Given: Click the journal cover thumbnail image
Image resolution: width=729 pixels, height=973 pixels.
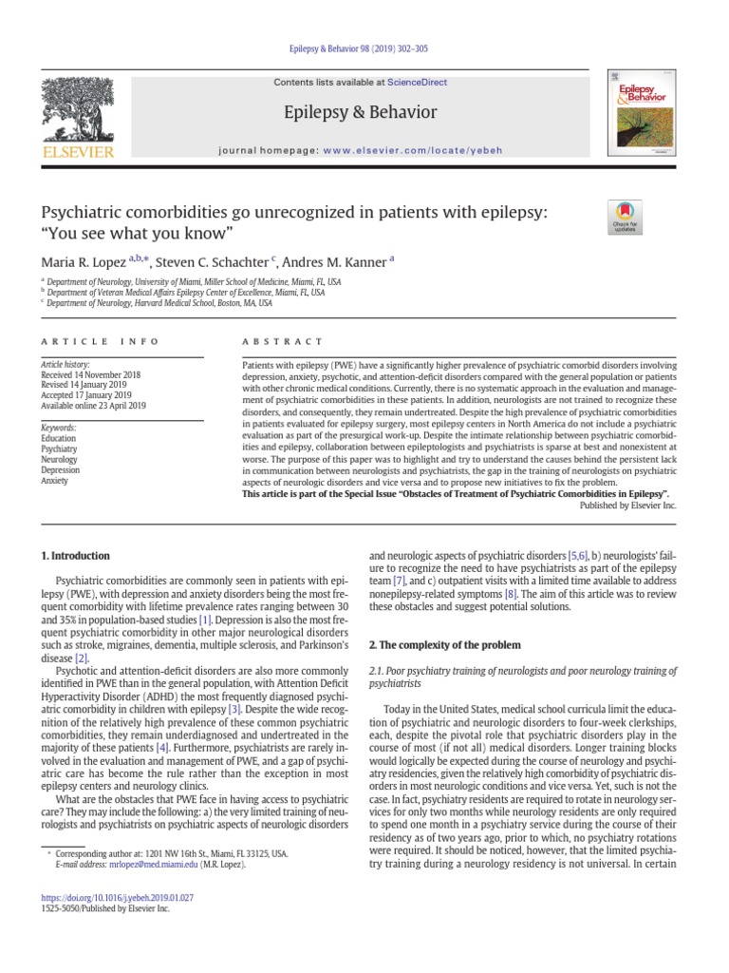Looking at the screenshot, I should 642,112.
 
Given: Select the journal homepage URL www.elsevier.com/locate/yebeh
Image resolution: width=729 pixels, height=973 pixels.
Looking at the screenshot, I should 412,151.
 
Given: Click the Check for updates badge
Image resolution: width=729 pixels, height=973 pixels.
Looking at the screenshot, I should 625,217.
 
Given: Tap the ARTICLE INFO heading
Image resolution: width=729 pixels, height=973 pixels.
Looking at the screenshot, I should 100,340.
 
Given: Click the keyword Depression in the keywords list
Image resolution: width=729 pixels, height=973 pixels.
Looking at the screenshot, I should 61,469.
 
